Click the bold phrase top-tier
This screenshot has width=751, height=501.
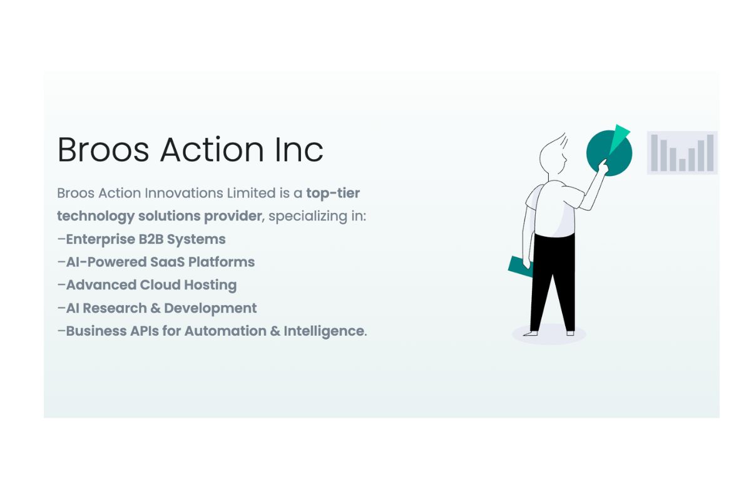[x=333, y=193]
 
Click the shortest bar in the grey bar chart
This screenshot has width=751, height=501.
[x=682, y=165]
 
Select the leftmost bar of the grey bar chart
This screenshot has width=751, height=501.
[x=654, y=153]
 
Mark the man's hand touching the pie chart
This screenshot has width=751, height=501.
[x=603, y=165]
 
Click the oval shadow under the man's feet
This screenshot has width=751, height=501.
[x=549, y=334]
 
